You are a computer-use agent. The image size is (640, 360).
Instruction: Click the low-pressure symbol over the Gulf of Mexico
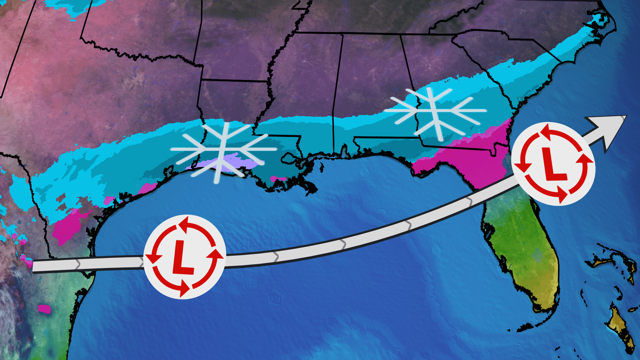(x=185, y=257)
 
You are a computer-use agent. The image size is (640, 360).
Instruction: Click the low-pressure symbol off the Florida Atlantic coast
(x=553, y=164)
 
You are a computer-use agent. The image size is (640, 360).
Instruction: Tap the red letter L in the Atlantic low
(x=553, y=164)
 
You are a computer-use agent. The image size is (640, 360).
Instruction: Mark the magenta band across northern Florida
(x=473, y=157)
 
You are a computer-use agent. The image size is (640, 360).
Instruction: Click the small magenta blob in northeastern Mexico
(x=44, y=309)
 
